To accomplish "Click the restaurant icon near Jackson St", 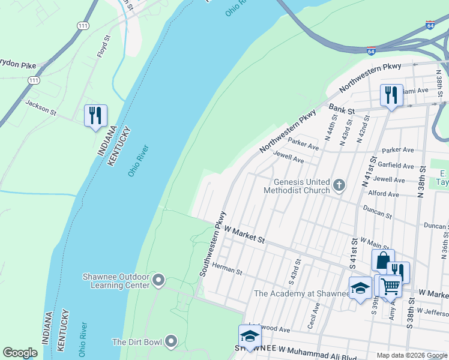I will click(x=95, y=115).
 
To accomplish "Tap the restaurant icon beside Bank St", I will click(x=391, y=95).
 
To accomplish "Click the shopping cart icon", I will click(x=390, y=286).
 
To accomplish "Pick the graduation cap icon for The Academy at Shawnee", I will click(x=360, y=288).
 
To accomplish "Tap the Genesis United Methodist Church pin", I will click(x=339, y=185).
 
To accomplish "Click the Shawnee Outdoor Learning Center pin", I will click(x=158, y=280).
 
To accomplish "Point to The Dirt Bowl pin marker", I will click(x=171, y=342).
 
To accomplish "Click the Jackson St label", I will click(x=40, y=107).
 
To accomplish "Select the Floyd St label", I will click(x=103, y=46).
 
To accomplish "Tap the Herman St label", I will click(x=226, y=271).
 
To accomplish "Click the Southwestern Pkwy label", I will click(x=213, y=244).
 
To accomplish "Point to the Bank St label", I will click(x=342, y=108).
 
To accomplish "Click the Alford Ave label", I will click(x=384, y=194).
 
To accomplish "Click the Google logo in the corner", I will click(x=20, y=353).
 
